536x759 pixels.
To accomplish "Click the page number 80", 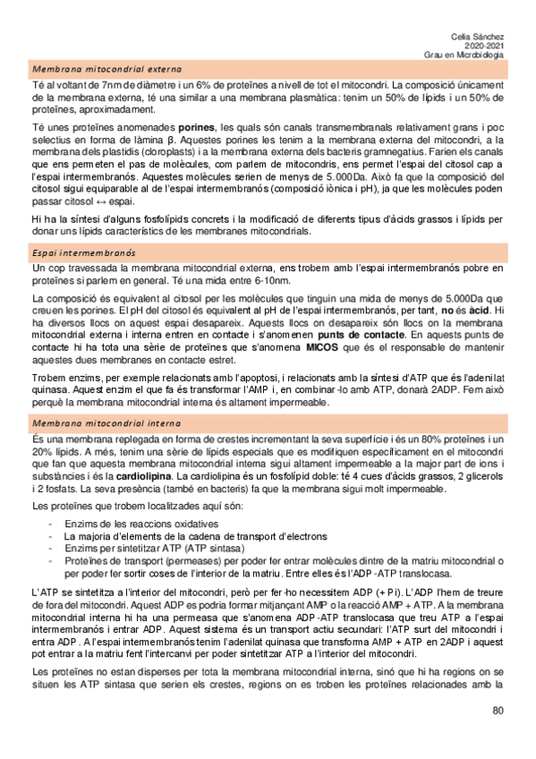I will tap(498, 712).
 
